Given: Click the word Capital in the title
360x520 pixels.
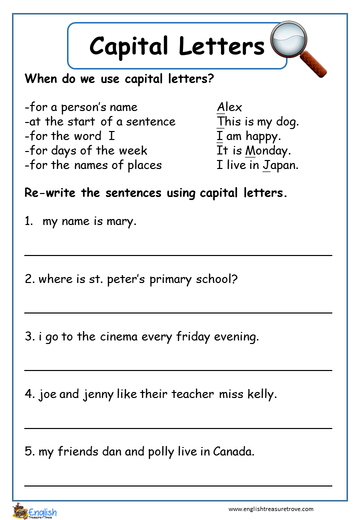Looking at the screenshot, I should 128,46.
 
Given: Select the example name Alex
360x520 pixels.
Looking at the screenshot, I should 229,107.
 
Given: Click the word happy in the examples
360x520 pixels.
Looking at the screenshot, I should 263,136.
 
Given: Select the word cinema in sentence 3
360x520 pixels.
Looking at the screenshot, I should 119,336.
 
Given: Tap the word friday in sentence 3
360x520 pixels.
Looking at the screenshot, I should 193,336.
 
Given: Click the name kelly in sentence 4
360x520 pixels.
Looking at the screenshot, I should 261,394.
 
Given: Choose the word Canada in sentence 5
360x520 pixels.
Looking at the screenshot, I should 233,451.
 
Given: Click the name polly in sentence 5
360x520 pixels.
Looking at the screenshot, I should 161,452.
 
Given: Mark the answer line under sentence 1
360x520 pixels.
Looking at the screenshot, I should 178,255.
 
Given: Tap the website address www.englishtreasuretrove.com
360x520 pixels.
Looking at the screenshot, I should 270,509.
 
